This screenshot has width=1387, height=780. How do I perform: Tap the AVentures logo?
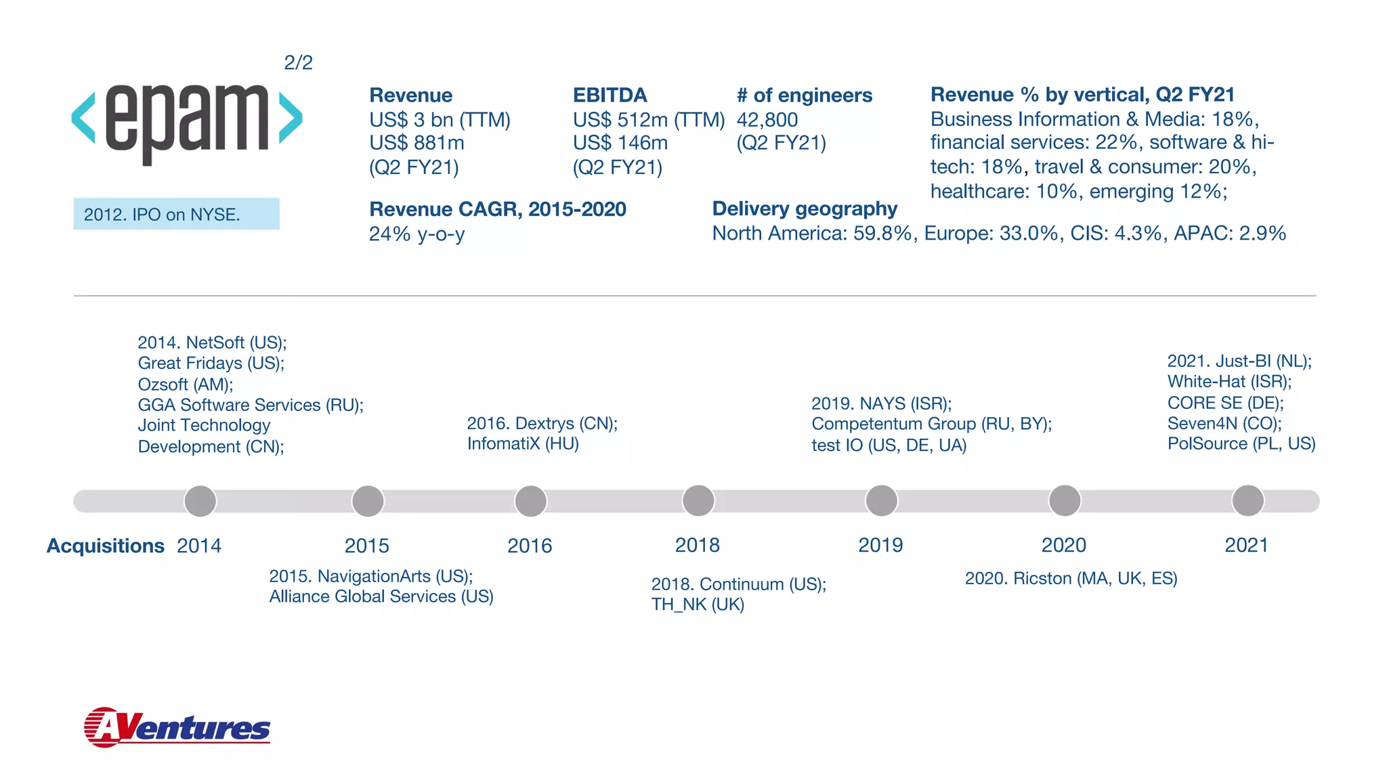point(177,728)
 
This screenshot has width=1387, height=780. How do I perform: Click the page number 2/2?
point(298,63)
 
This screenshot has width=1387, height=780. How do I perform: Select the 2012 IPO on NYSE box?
point(176,214)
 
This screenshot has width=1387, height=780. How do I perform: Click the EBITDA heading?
point(610,95)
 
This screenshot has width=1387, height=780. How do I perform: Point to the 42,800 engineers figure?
point(767,120)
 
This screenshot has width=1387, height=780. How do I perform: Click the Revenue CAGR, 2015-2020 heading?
point(497,209)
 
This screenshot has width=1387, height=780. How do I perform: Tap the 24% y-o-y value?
point(417,234)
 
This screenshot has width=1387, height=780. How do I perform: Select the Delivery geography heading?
point(804,209)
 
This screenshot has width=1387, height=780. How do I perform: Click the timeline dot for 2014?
point(200,501)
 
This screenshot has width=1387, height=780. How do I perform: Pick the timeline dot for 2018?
point(698,501)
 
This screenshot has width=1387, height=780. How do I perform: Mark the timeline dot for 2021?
point(1247,501)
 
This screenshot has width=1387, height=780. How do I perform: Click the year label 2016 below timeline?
point(530,546)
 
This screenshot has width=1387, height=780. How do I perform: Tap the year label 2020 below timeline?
point(1063,545)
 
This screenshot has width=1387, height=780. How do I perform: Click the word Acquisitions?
point(105,546)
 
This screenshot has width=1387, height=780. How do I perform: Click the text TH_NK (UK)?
point(698,605)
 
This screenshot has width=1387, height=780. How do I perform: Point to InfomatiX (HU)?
point(522,444)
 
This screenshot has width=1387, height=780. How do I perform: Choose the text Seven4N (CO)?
point(1224,424)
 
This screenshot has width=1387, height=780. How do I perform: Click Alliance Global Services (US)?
point(381,597)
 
